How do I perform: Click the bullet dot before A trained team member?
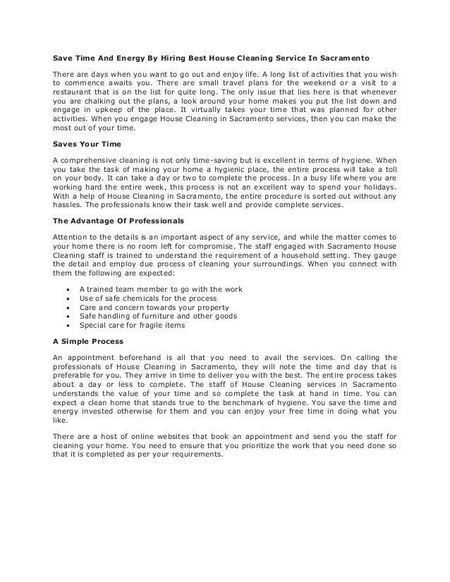point(67,290)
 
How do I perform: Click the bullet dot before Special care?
point(67,326)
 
